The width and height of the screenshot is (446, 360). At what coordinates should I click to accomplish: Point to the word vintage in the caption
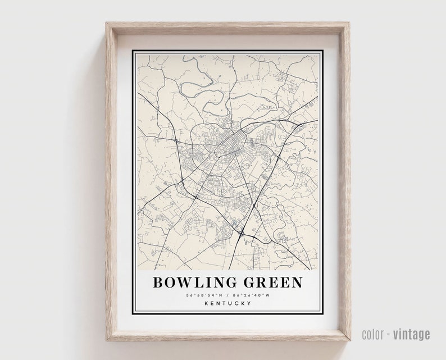(x=412, y=334)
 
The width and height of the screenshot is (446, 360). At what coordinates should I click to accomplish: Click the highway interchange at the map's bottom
(x=241, y=231)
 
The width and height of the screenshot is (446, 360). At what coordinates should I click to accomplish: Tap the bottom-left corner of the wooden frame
(x=106, y=341)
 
